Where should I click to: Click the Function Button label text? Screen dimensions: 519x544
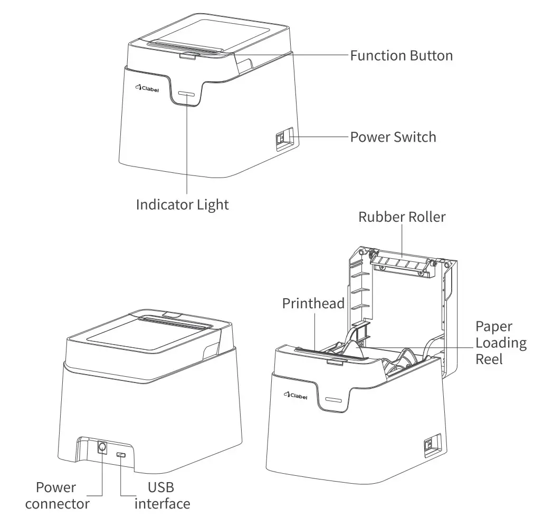pos(402,55)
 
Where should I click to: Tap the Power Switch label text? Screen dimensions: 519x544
pos(393,137)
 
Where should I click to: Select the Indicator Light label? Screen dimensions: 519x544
pos(183,204)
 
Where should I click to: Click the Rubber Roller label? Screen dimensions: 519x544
pos(402,217)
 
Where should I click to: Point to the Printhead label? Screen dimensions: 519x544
pos(313,303)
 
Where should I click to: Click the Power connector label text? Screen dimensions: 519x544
pos(57,495)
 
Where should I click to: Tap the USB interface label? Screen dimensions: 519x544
pos(162,495)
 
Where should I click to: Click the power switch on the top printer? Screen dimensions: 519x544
pos(282,139)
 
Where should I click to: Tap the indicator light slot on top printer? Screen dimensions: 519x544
pos(186,94)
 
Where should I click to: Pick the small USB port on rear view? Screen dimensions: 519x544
pos(121,454)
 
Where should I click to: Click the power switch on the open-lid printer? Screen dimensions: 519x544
pos(428,444)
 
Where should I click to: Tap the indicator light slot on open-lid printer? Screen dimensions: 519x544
pos(335,400)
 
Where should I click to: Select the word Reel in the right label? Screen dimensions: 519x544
pos(489,359)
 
